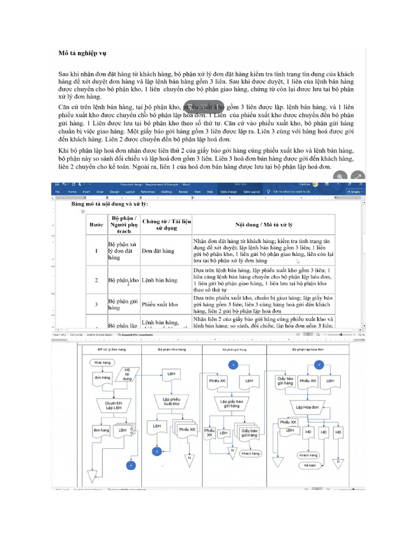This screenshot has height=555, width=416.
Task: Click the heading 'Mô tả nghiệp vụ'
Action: pyautogui.click(x=82, y=53)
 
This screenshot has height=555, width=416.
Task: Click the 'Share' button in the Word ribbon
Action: pyautogui.click(x=355, y=191)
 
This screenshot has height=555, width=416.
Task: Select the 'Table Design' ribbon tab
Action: pyautogui.click(x=228, y=192)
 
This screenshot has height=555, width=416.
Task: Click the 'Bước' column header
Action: pyautogui.click(x=96, y=224)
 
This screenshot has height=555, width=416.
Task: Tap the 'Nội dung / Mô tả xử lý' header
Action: pyautogui.click(x=263, y=224)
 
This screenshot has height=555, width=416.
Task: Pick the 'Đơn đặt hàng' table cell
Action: pyautogui.click(x=158, y=251)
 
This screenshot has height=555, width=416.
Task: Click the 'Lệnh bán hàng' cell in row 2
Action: pyautogui.click(x=159, y=280)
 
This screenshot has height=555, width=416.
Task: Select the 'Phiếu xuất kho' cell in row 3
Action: pyautogui.click(x=159, y=305)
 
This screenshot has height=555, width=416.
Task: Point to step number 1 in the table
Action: pyautogui.click(x=96, y=251)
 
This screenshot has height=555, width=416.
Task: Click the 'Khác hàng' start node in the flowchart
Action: pyautogui.click(x=102, y=362)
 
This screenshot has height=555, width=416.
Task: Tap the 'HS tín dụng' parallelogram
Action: pyautogui.click(x=128, y=373)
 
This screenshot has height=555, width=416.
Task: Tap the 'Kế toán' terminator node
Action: pyautogui.click(x=310, y=465)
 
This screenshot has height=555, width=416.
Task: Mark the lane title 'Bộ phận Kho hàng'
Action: pyautogui.click(x=171, y=350)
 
